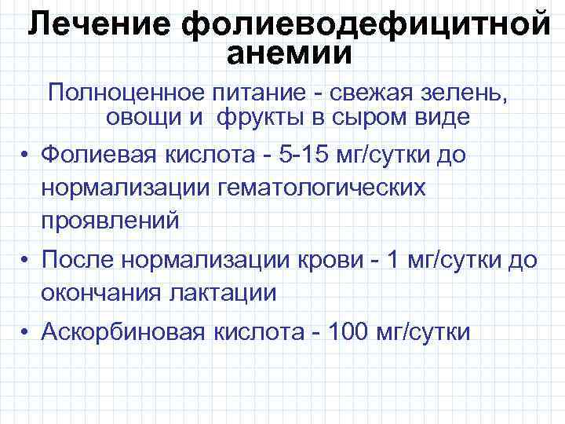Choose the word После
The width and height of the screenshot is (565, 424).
point(75,259)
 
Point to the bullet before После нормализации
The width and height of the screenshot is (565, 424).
point(26,259)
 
